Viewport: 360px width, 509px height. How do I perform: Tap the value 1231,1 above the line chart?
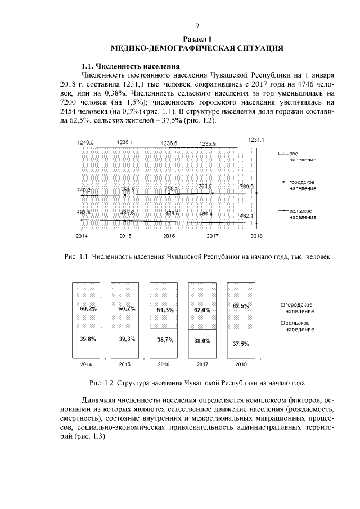(x=255, y=139)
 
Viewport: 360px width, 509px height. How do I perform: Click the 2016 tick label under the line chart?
(x=169, y=236)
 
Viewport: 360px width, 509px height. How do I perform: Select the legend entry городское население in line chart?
(x=301, y=185)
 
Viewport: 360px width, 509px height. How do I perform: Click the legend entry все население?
(x=301, y=156)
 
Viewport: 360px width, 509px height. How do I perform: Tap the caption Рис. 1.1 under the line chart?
(x=197, y=256)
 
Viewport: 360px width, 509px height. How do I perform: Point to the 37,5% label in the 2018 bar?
(x=241, y=343)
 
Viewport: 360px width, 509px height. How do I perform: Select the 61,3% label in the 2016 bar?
(x=164, y=310)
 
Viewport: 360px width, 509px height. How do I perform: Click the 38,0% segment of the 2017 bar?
(x=202, y=340)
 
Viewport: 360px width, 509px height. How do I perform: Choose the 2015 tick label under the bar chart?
(x=125, y=364)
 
